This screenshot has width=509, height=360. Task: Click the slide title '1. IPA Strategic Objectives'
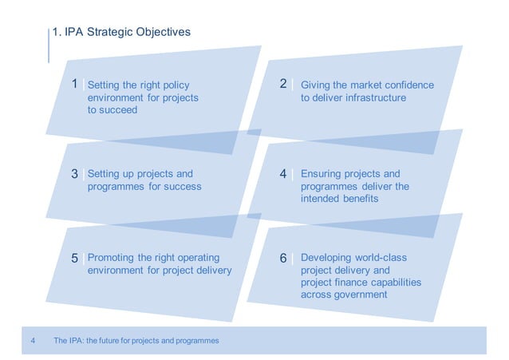click(120, 33)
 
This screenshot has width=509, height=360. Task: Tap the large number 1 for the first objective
click(75, 84)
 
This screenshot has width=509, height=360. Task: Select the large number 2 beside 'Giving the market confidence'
click(283, 84)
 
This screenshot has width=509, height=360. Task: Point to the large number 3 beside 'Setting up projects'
click(75, 173)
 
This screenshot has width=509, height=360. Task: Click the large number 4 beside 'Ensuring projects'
click(283, 173)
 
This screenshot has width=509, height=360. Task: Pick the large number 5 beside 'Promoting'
click(75, 259)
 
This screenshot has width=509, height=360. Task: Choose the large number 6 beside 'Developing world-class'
click(283, 259)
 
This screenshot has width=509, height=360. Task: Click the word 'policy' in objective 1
click(176, 85)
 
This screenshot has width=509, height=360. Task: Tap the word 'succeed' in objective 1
click(120, 110)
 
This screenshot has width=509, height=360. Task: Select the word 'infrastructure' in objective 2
click(374, 97)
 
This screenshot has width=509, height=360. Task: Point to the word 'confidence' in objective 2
click(408, 85)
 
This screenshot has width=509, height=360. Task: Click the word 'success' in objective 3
click(183, 187)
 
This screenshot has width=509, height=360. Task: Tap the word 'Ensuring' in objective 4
click(322, 174)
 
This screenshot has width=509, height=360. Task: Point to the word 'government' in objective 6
click(361, 295)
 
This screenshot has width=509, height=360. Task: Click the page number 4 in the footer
click(33, 341)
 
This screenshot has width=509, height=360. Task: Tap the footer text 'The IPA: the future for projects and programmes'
click(136, 341)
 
